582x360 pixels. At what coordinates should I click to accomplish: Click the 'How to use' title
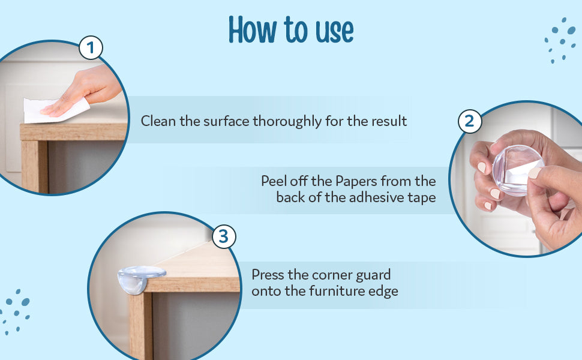pyautogui.click(x=291, y=29)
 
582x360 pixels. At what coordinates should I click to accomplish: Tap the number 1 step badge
pyautogui.click(x=91, y=48)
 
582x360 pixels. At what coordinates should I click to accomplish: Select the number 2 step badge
pyautogui.click(x=470, y=121)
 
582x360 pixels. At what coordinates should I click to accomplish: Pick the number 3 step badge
pyautogui.click(x=224, y=236)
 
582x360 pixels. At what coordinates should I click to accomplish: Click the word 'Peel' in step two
pyautogui.click(x=274, y=181)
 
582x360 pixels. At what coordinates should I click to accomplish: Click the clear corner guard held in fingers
pyautogui.click(x=517, y=170)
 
